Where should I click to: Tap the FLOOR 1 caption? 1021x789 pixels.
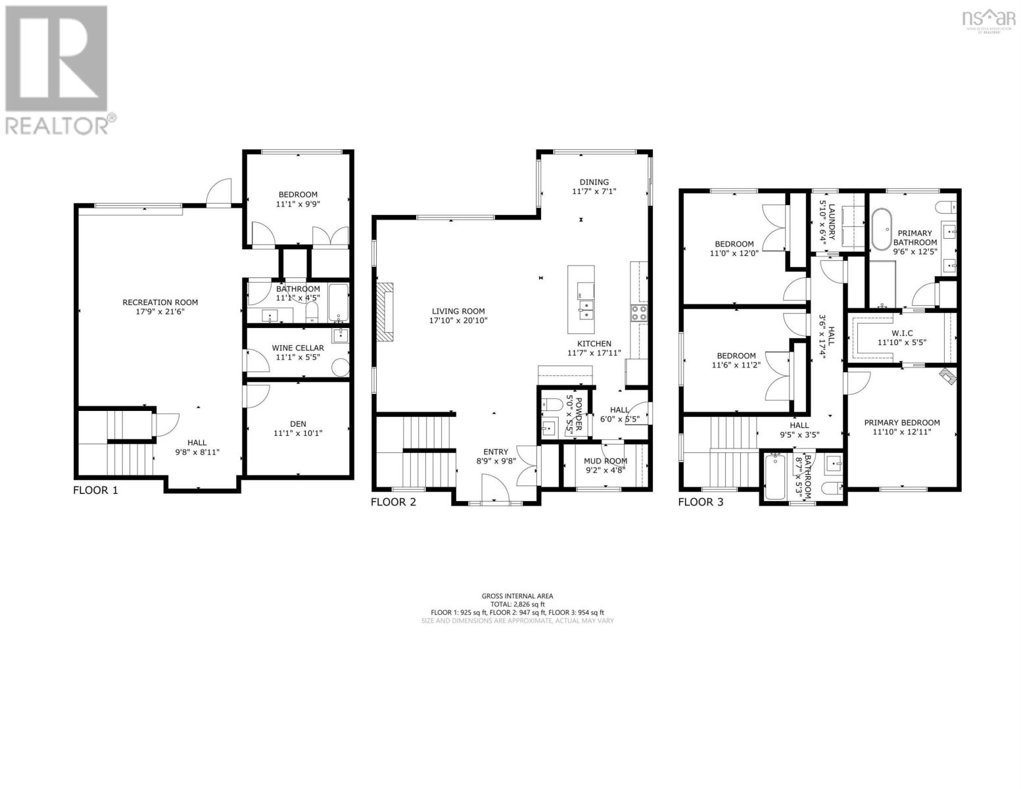click(x=95, y=490)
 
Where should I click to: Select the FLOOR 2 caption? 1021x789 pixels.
click(x=393, y=502)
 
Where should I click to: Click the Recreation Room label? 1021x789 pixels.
click(x=160, y=302)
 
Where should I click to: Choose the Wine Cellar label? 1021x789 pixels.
click(x=298, y=348)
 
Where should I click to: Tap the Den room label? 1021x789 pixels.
click(x=298, y=424)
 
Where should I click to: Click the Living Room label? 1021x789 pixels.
click(x=458, y=312)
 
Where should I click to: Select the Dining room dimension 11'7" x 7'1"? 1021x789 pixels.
click(x=594, y=191)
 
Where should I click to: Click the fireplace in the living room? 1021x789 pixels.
click(x=386, y=312)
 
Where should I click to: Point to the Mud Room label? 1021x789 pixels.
click(x=605, y=461)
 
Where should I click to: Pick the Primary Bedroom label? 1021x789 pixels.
click(x=901, y=423)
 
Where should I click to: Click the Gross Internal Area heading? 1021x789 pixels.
click(x=517, y=596)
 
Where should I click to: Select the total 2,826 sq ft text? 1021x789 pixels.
click(x=517, y=604)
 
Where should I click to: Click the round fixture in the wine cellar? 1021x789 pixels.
click(x=341, y=366)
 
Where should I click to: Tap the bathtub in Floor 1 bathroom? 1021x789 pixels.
click(x=339, y=302)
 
